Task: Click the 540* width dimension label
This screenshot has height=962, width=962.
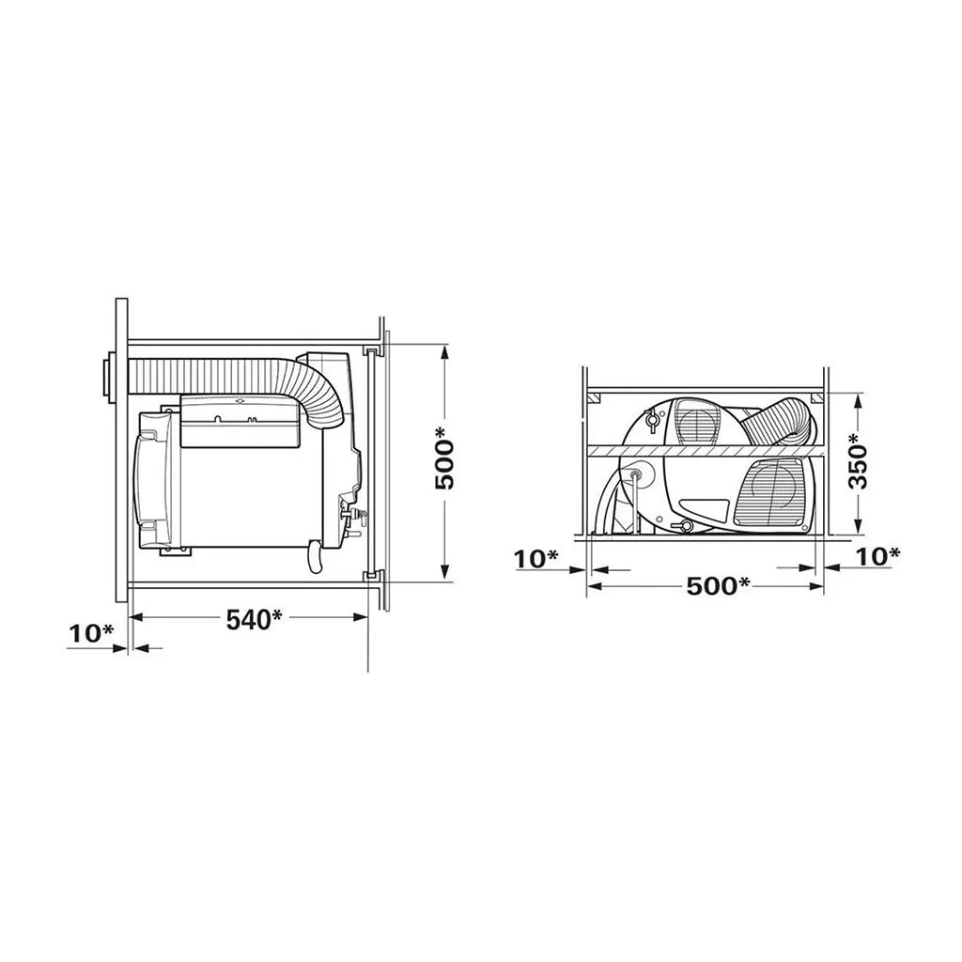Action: tap(254, 619)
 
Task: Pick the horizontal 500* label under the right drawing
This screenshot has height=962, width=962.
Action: tap(718, 586)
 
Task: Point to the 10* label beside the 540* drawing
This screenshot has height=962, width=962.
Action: tap(91, 634)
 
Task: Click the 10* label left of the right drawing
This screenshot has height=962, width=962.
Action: tap(536, 559)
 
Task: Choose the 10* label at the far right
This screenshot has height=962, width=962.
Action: tap(877, 556)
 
